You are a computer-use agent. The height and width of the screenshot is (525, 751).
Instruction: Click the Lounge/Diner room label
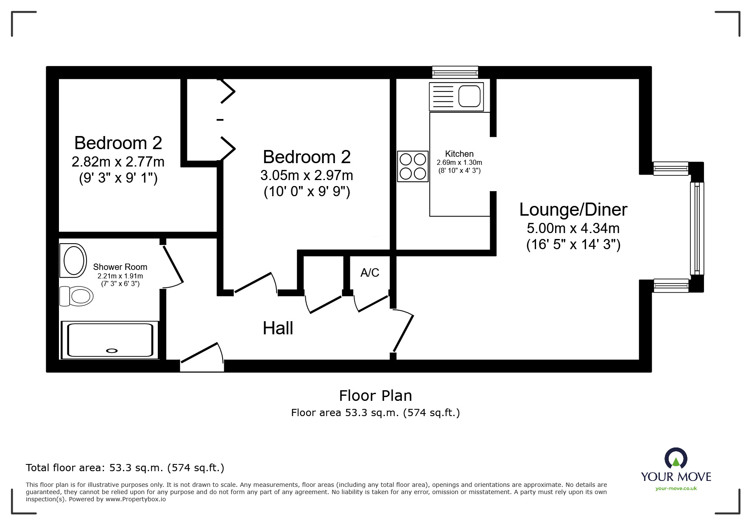coord(573,209)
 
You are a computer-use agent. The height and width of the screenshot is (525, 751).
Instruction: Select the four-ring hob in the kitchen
coord(413,167)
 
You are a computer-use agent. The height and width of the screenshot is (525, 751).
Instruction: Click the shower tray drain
coord(112,350)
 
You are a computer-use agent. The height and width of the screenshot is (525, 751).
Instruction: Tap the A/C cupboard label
coord(369,273)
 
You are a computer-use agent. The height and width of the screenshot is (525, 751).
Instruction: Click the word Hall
coord(278,328)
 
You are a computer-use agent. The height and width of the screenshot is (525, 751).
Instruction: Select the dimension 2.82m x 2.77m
coord(118,162)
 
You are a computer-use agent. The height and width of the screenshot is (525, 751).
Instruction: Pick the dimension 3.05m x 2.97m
coord(307,175)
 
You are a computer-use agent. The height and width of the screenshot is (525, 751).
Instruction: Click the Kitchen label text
coord(459,154)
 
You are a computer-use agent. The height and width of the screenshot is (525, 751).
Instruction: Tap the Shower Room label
coord(120,267)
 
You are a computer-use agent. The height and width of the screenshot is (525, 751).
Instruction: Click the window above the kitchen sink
coord(455,72)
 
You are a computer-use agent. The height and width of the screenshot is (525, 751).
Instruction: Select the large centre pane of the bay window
coord(697,228)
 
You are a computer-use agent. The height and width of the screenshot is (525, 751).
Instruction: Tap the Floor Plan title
coord(375,395)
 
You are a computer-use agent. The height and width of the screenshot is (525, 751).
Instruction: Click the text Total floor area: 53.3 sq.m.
coord(125,468)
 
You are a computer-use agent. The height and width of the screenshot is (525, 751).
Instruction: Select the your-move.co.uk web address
coord(676,489)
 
